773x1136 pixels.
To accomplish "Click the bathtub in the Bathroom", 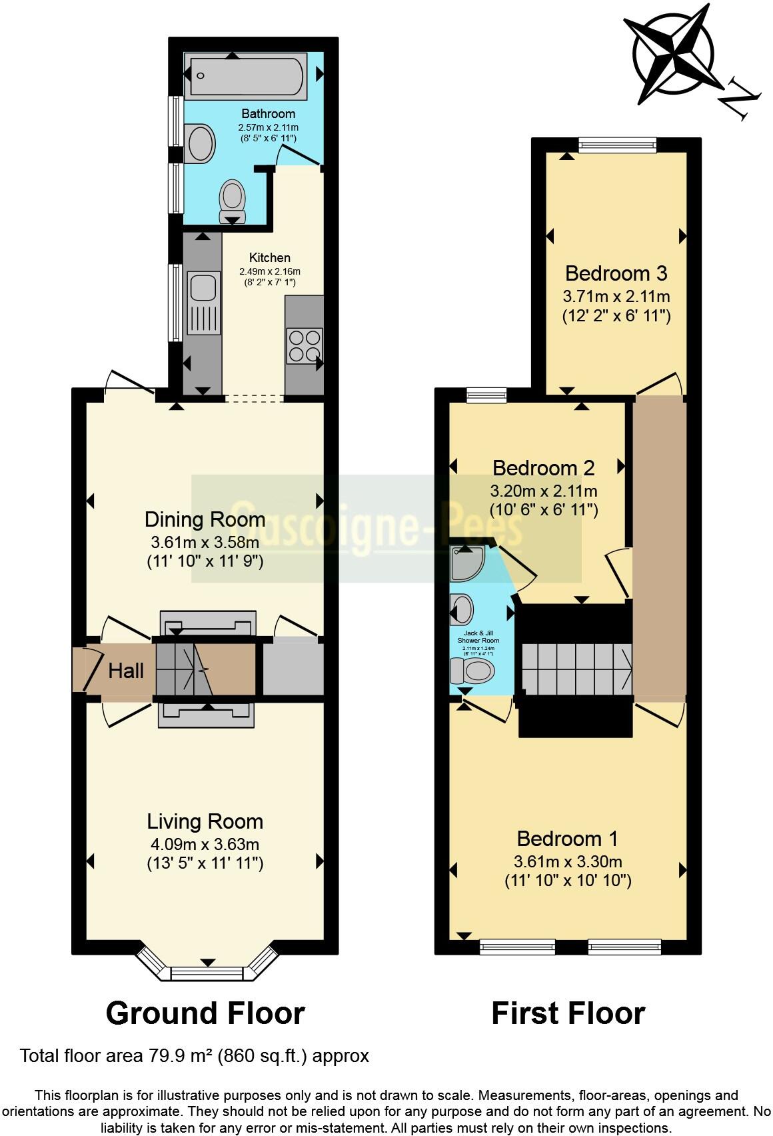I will [x=248, y=78].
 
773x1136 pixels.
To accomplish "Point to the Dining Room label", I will [x=205, y=519].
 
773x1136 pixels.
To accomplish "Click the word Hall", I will [x=126, y=670].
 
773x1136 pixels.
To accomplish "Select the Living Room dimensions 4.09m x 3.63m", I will [x=205, y=843].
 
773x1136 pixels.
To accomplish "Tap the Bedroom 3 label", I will [x=616, y=273].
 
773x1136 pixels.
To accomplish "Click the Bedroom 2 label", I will [x=543, y=468].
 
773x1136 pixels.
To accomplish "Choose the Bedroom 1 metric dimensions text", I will [x=568, y=861].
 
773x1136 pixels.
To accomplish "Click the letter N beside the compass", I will [x=739, y=98].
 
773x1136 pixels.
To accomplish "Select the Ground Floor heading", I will [x=205, y=1013].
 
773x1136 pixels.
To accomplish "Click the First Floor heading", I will [x=568, y=1013].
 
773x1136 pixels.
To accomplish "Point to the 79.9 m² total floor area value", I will [x=171, y=1056].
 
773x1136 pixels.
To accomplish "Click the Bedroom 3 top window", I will [x=617, y=144].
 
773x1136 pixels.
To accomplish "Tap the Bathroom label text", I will [x=268, y=113].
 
